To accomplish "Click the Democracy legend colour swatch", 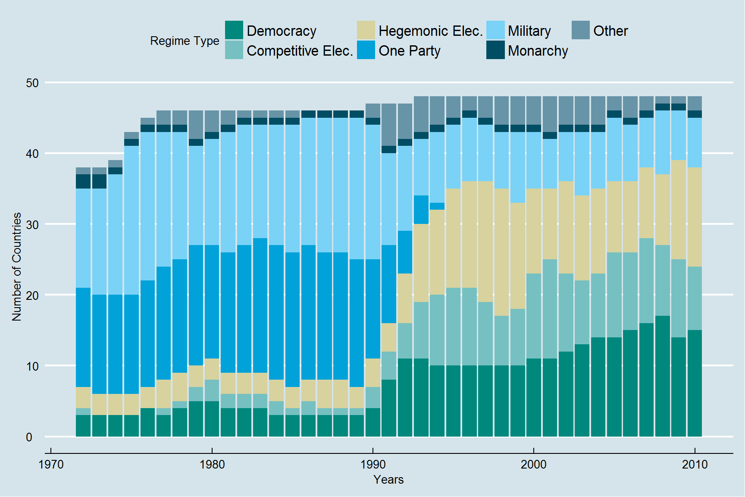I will [x=234, y=30].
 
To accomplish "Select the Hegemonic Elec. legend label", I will [x=430, y=31].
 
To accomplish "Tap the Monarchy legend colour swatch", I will [x=495, y=50].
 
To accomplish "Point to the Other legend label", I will [x=610, y=31].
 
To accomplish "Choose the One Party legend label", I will [x=409, y=51].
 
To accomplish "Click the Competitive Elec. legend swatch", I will [x=234, y=50].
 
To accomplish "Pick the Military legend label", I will [x=529, y=31].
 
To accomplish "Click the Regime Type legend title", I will [x=185, y=41].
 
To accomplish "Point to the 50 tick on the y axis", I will [x=32, y=83].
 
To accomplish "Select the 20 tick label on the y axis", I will [x=32, y=296].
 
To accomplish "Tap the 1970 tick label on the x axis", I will [x=51, y=465].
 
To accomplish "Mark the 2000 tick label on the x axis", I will [x=533, y=465].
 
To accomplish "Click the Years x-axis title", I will [x=388, y=480].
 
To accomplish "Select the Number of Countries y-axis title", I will [x=17, y=267].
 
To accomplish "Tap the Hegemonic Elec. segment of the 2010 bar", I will [x=695, y=217].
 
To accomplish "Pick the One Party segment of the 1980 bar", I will [x=212, y=302].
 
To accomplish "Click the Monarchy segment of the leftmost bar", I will [x=83, y=181].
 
